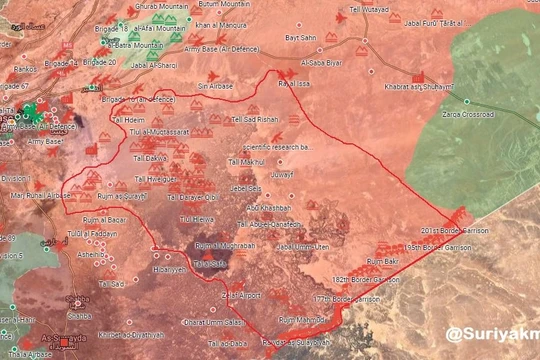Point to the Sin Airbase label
215,87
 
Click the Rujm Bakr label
382,261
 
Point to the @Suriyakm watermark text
492,334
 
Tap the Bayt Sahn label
300,37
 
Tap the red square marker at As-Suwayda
66,342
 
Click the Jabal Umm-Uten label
302,247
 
